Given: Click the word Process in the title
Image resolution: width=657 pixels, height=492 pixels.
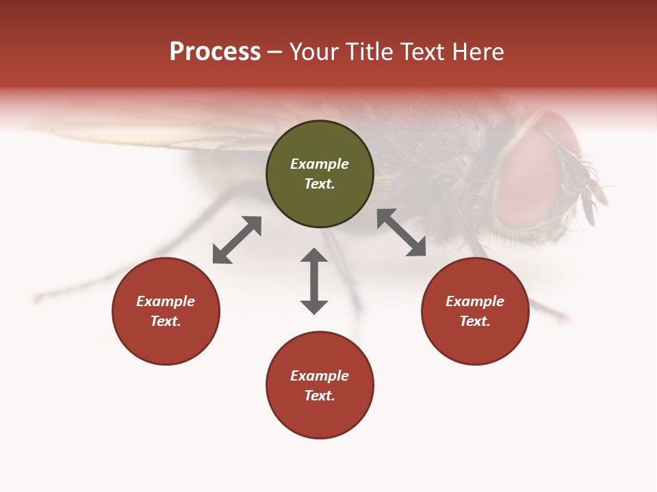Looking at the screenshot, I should (x=215, y=52).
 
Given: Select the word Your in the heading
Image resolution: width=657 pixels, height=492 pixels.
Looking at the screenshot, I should (x=315, y=52).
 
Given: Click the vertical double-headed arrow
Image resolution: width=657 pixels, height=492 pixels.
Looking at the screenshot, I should (x=314, y=281).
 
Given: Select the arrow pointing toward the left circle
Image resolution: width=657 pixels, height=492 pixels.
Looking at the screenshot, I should (x=237, y=240).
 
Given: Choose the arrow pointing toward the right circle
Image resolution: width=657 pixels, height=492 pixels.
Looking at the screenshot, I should (x=401, y=232).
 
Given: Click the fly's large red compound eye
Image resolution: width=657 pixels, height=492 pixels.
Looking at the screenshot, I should (x=527, y=174).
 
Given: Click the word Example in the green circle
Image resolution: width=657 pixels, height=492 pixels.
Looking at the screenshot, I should (x=320, y=164).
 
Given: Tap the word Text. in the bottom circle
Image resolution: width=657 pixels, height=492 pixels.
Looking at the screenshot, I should (x=320, y=396).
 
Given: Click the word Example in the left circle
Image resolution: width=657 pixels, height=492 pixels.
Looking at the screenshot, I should (x=166, y=301).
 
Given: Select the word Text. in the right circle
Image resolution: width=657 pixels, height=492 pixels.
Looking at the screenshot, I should (x=475, y=321).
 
